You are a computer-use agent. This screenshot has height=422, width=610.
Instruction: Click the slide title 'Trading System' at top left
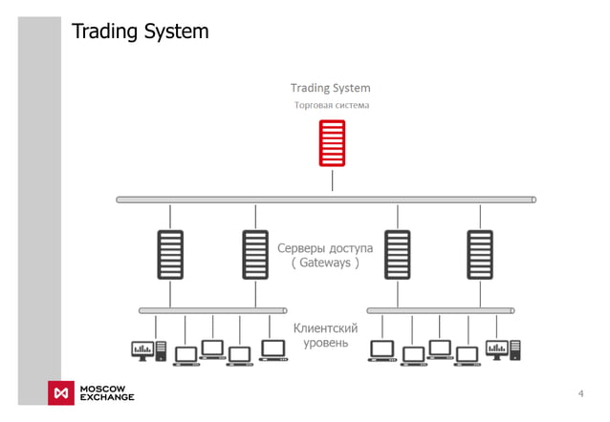(141, 32)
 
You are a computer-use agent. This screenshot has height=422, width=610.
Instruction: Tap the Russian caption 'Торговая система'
(331, 106)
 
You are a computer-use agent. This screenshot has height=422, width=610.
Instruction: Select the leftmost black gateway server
(170, 255)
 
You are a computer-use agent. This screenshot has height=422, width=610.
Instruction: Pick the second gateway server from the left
(255, 255)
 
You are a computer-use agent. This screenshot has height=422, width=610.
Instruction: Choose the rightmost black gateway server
(480, 255)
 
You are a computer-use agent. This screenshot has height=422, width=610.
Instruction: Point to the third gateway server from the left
(397, 255)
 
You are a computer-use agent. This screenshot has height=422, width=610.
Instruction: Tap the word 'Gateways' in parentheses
(326, 263)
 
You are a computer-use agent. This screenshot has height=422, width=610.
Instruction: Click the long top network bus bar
(326, 200)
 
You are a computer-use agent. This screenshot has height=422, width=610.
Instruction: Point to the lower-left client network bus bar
(213, 310)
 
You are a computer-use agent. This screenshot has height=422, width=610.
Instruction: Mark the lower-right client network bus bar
(441, 310)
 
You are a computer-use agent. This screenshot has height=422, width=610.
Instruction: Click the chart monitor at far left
(142, 351)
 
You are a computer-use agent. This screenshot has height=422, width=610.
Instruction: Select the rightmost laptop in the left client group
(274, 350)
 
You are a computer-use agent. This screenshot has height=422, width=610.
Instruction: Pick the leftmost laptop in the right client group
(383, 350)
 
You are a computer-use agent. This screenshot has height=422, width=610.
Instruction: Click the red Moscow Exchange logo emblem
(62, 393)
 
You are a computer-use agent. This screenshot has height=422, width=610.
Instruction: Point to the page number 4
(580, 394)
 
